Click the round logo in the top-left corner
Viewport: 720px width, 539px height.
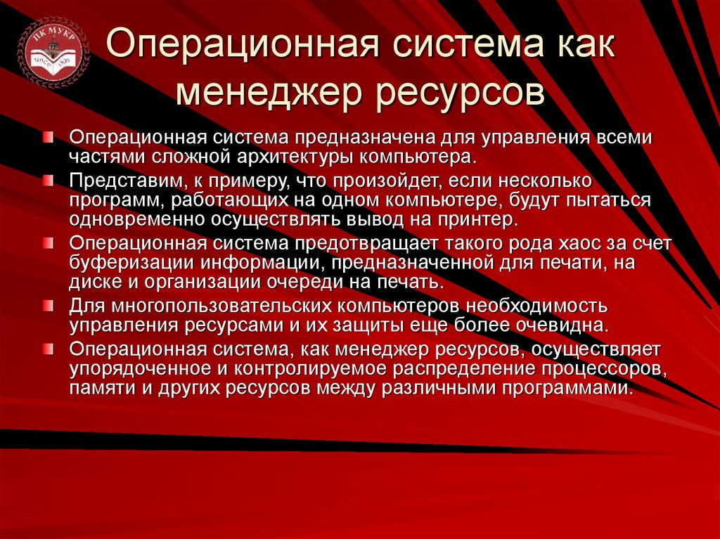coord(53,54)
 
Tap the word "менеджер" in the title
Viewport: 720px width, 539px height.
coord(264,92)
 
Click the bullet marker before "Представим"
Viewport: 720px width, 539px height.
coord(46,179)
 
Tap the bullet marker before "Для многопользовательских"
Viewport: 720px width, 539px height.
coord(46,305)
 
